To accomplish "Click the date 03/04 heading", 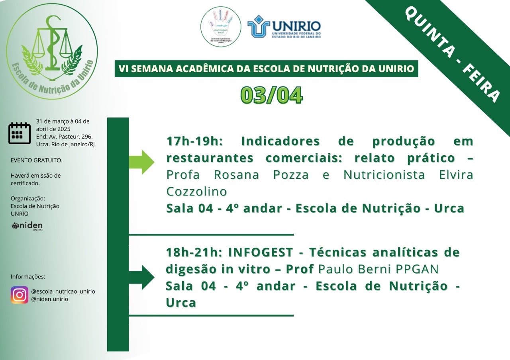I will coord(272,95).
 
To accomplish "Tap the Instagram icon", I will coord(20,295).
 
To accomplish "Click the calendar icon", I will coord(20,133).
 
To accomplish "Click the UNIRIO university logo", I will coord(284,26).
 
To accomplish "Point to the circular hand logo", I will coord(221,26).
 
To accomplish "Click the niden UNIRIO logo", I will coord(27,227).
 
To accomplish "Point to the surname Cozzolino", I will coord(196,192).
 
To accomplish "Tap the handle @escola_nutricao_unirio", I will coord(63,291).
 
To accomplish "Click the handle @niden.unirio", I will coord(49,299).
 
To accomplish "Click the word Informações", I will coord(28,277).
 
